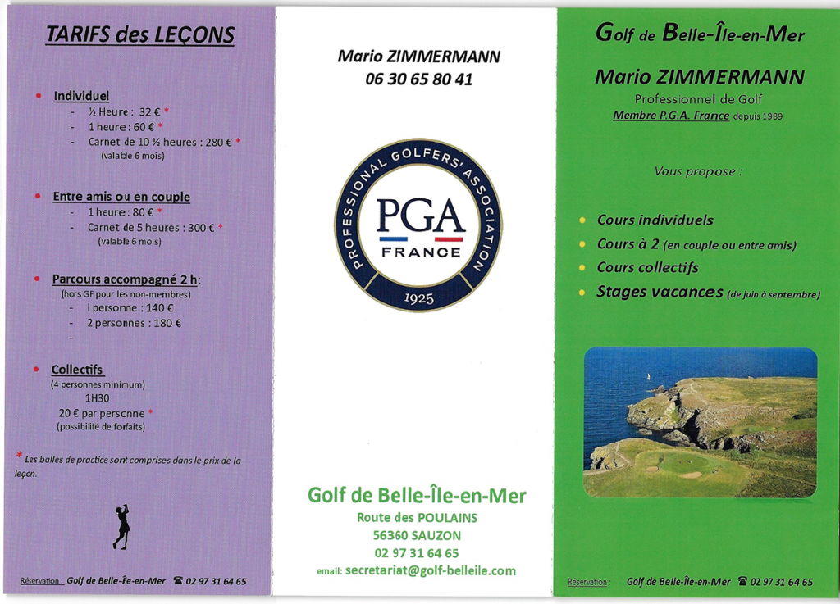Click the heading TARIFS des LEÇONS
[140, 34]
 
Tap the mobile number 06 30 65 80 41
[418, 79]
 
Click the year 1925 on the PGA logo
[419, 297]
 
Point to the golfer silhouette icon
[122, 526]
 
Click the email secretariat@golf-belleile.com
[430, 570]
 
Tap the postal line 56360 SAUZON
[416, 535]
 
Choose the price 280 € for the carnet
[218, 142]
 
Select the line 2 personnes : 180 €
[135, 323]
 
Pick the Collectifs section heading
[77, 370]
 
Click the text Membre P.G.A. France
[670, 116]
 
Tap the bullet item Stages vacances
[660, 292]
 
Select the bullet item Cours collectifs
[647, 267]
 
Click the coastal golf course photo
[700, 422]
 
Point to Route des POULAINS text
[417, 517]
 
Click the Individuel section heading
[81, 96]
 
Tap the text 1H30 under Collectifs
[98, 398]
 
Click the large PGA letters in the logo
[420, 216]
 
